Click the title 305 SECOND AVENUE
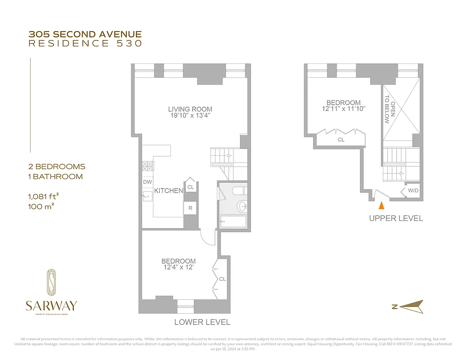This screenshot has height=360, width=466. point(85,34)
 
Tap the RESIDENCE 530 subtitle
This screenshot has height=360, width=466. point(85,44)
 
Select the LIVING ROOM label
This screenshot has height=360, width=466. point(190,109)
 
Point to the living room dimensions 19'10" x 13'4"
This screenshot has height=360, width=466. point(190,116)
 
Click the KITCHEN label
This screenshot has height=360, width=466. point(169,191)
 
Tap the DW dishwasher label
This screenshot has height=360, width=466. point(147,182)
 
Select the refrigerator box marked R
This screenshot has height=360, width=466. point(190,208)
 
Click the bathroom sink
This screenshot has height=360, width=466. point(242,207)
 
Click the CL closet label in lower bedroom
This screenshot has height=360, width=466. point(222,279)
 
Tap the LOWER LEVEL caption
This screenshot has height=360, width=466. point(202,322)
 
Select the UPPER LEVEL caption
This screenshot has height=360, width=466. point(396,219)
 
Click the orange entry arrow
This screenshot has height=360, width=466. point(381,206)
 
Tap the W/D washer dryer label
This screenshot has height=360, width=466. point(413,191)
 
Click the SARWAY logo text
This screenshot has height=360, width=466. point(51,306)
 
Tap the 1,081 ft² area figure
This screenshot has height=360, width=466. point(44,197)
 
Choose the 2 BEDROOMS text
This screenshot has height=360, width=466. point(57,167)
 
